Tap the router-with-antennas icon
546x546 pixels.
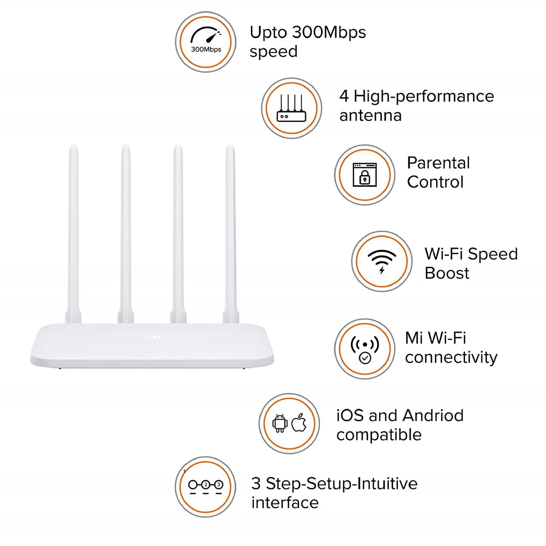pyautogui.click(x=291, y=108)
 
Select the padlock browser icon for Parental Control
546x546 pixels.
pyautogui.click(x=365, y=175)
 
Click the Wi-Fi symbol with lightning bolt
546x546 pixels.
pyautogui.click(x=382, y=261)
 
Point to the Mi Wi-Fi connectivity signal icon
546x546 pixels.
pyautogui.click(x=365, y=349)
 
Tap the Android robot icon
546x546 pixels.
pyautogui.click(x=280, y=424)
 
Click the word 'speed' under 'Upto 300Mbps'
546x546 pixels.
pyautogui.click(x=273, y=51)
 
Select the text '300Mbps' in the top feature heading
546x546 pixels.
pyautogui.click(x=329, y=32)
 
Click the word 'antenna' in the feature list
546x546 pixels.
pyautogui.click(x=370, y=115)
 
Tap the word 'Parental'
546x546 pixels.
pyautogui.click(x=438, y=163)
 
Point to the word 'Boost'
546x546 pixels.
pyautogui.click(x=447, y=273)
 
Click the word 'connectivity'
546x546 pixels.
pyautogui.click(x=451, y=357)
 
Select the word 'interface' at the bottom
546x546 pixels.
pyautogui.click(x=285, y=503)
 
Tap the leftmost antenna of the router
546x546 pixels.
pyautogui.click(x=74, y=234)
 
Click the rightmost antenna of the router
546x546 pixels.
pyautogui.click(x=230, y=234)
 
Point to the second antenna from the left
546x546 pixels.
pyautogui.click(x=126, y=234)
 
